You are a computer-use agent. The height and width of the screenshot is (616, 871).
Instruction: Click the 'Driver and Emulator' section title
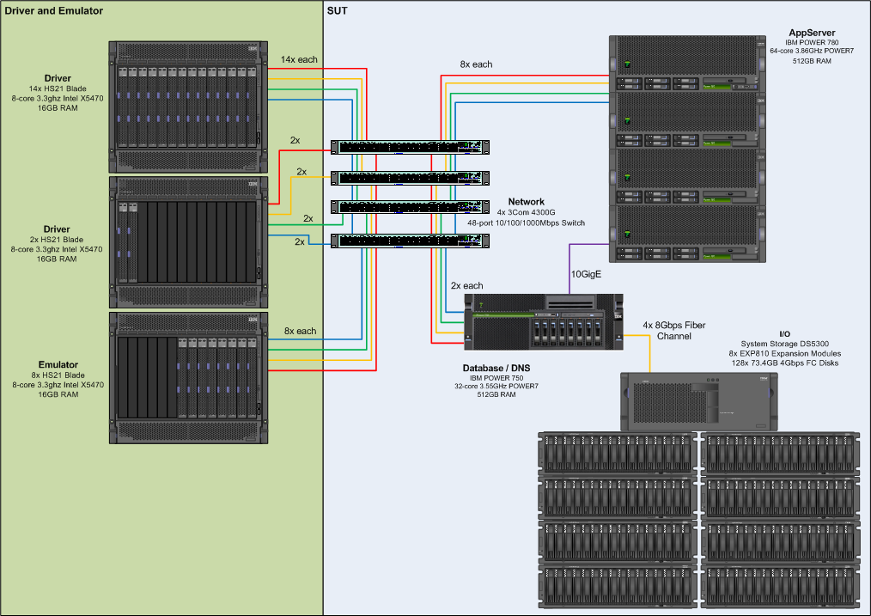tap(53, 10)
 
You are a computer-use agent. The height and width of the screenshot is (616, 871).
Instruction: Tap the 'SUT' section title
tap(338, 10)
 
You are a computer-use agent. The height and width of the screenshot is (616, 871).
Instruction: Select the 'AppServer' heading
tap(813, 33)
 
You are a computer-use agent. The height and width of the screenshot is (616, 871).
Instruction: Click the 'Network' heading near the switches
tap(526, 202)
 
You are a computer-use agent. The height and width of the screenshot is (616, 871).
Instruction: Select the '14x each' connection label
tap(299, 60)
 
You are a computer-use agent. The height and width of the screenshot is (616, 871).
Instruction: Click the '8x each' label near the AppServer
tap(476, 64)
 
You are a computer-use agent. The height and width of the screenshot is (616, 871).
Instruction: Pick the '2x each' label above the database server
tap(467, 285)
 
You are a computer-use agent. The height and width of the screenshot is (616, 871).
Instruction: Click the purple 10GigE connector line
tap(570, 266)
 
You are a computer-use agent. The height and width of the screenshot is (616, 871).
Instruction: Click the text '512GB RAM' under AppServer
tap(813, 61)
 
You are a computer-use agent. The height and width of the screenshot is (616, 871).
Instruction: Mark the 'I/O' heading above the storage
tap(784, 333)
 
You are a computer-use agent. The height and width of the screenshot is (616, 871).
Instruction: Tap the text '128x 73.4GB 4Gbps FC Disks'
tap(784, 363)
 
